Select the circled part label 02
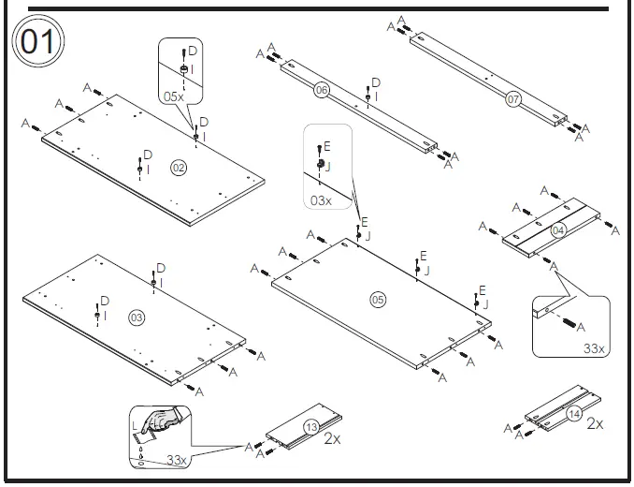178,168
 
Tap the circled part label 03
137,318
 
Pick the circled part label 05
378,300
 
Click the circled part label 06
321,91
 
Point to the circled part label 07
512,97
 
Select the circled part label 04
558,230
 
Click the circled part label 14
573,413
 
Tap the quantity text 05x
174,96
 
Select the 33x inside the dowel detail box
592,348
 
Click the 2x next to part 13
331,437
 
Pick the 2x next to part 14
595,424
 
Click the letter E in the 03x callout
326,147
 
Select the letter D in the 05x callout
193,50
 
